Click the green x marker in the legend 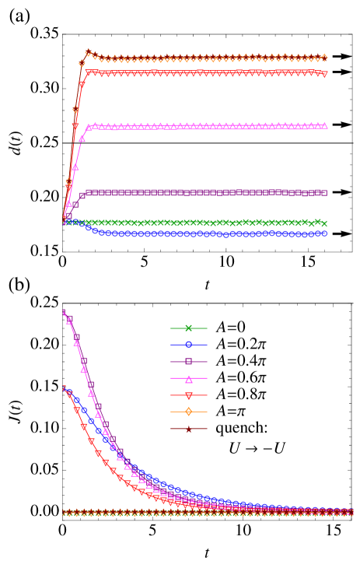click(x=188, y=328)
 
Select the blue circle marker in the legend click(x=188, y=345)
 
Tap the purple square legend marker click(x=188, y=362)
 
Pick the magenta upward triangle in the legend click(x=188, y=379)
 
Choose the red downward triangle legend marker click(x=188, y=395)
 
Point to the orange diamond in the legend click(x=188, y=412)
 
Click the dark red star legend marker click(x=188, y=429)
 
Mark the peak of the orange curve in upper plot click(x=88, y=53)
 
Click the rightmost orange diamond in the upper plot click(x=324, y=58)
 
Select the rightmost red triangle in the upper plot click(x=324, y=74)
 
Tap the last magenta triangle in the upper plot click(x=324, y=125)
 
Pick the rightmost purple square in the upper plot click(x=324, y=192)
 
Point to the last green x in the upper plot click(x=324, y=223)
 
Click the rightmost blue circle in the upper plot click(x=324, y=233)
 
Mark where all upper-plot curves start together click(x=63, y=223)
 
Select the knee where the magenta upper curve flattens click(x=89, y=127)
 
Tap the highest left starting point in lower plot click(x=63, y=312)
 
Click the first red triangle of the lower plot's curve click(x=64, y=388)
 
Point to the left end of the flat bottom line click(x=64, y=513)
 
